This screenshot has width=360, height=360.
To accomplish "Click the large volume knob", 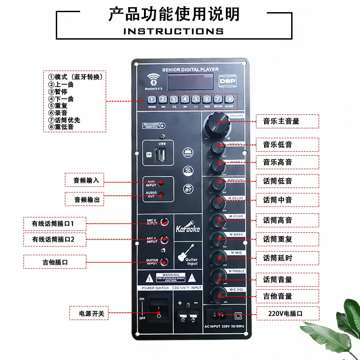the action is coord(219,121).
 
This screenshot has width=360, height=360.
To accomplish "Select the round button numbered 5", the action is coord(196,99).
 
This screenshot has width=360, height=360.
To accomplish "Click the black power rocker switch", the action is coord(158,310).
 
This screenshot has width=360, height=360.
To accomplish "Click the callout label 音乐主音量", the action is coord(281,121).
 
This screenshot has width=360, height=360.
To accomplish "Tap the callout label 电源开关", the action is coord(91,313).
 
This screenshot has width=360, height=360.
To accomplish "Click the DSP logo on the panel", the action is coord(228,80).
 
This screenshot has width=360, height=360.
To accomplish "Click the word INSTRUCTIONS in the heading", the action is coord(173,31).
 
